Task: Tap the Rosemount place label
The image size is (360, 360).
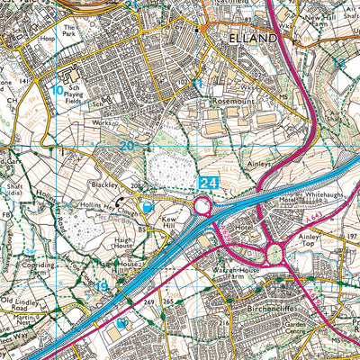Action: [x=235, y=102]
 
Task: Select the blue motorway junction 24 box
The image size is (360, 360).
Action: [x=209, y=183]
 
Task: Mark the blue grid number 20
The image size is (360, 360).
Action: [x=126, y=146]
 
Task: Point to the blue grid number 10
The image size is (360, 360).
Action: [x=57, y=90]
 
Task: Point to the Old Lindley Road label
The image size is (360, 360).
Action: [x=20, y=303]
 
